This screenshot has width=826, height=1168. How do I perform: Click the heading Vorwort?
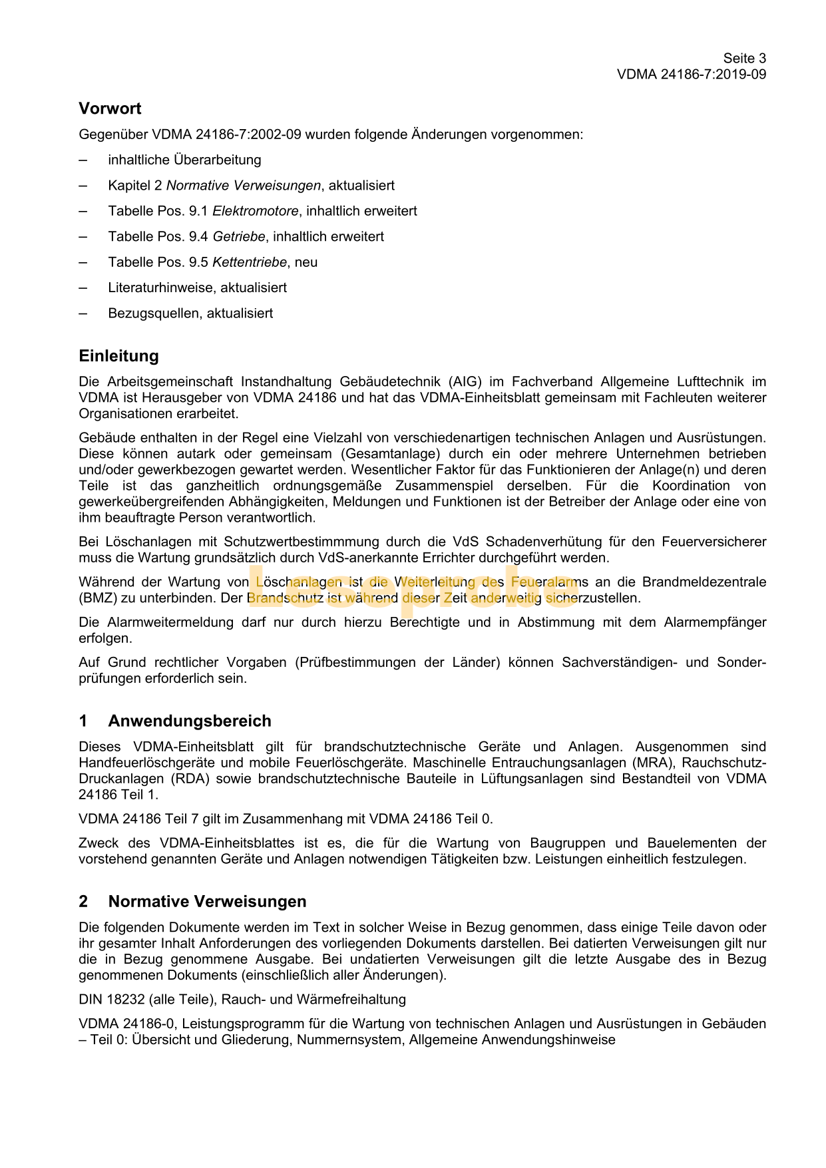pyautogui.click(x=110, y=108)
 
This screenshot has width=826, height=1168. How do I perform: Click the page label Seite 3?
pyautogui.click(x=744, y=59)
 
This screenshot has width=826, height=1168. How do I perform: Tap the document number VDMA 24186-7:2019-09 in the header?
pyautogui.click(x=691, y=75)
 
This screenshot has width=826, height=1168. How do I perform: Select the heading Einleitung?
pyautogui.click(x=118, y=356)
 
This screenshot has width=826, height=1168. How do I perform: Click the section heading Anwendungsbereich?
pyautogui.click(x=190, y=721)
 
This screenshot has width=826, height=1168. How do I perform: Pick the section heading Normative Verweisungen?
pyautogui.click(x=207, y=901)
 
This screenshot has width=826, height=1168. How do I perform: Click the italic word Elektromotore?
pyautogui.click(x=256, y=211)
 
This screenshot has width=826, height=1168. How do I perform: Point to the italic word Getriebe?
pyautogui.click(x=239, y=236)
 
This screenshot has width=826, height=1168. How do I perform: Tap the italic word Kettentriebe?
pyautogui.click(x=250, y=262)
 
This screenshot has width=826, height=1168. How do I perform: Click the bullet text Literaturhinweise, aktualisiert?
pyautogui.click(x=197, y=288)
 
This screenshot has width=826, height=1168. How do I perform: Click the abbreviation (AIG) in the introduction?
pyautogui.click(x=465, y=382)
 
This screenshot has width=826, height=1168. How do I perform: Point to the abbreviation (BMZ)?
pyautogui.click(x=98, y=598)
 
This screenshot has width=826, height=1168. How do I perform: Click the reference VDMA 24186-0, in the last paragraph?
pyautogui.click(x=126, y=1024)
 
